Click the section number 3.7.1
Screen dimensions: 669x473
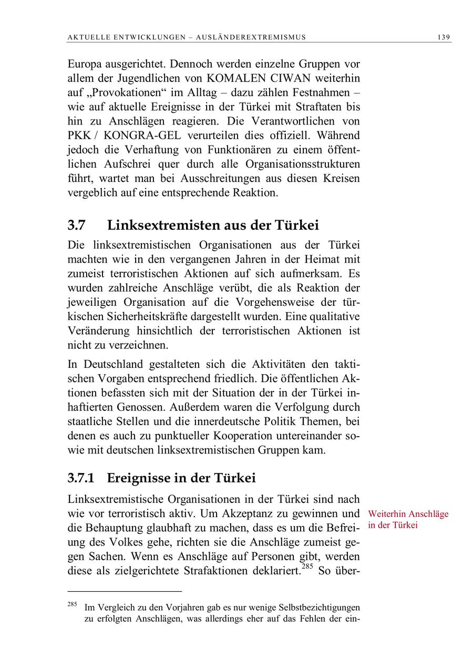tap(80, 478)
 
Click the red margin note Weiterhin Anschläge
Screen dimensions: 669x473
tap(408, 514)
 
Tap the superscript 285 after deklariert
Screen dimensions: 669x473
tap(307, 567)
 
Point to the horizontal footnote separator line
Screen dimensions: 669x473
tap(125, 591)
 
